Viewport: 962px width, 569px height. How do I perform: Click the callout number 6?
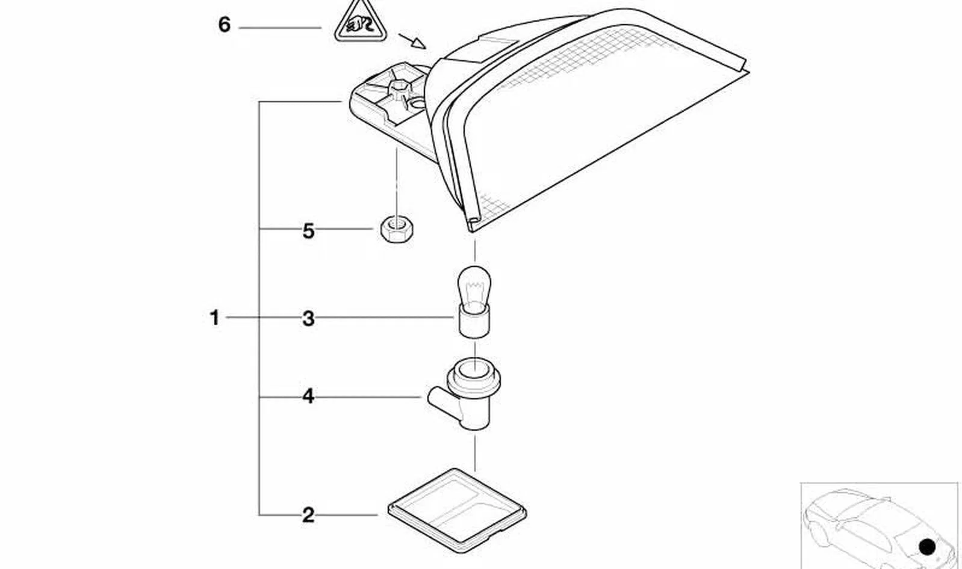[x=224, y=25]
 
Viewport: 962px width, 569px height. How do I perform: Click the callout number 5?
[x=308, y=231]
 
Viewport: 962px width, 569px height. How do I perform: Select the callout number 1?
[x=214, y=318]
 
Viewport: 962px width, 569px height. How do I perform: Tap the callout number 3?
[x=308, y=319]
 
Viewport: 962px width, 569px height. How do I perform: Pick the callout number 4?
[x=308, y=396]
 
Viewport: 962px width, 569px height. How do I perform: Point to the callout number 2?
[x=308, y=515]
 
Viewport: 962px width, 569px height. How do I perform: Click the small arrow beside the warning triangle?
[x=412, y=41]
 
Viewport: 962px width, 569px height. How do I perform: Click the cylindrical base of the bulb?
[x=474, y=322]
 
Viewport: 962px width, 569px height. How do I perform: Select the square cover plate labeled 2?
[x=458, y=510]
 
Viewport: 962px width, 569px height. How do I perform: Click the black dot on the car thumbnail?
[x=927, y=547]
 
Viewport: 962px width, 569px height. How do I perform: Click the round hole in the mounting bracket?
[x=417, y=103]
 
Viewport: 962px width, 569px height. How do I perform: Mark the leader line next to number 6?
[x=280, y=28]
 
